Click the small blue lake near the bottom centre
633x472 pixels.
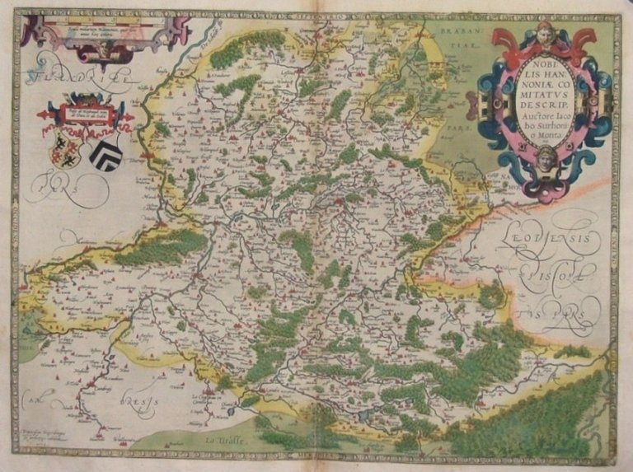point(363,416)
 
